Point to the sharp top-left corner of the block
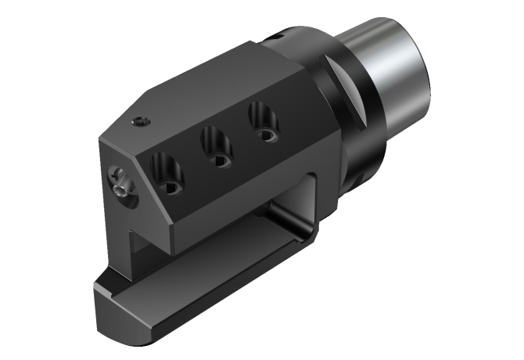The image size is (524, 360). (101, 141)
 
